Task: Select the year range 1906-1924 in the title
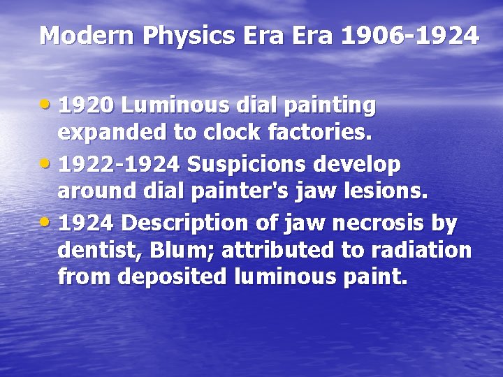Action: (410, 35)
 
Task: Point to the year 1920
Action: (85, 106)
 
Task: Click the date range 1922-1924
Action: (119, 165)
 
